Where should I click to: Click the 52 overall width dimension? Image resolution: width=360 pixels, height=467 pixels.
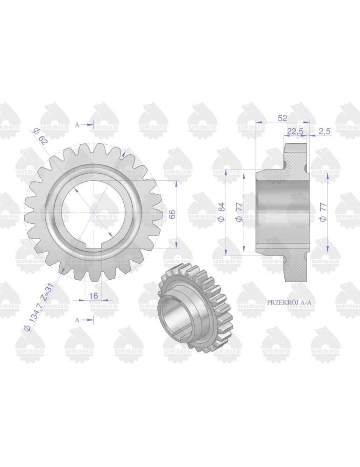click(x=282, y=118)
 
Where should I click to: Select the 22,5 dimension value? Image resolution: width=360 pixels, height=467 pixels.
click(x=295, y=132)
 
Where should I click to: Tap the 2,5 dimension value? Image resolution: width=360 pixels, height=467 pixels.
click(x=325, y=132)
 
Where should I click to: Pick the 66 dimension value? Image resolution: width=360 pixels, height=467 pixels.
click(x=172, y=214)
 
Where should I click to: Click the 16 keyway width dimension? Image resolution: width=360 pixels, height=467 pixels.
click(x=92, y=296)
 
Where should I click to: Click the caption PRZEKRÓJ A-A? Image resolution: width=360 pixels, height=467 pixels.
click(x=289, y=302)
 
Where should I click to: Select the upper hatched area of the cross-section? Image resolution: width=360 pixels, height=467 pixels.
click(x=295, y=161)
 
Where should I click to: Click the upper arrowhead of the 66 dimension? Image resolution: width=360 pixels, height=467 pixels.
click(x=176, y=184)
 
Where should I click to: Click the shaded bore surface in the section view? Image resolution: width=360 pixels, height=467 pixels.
click(x=280, y=212)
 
